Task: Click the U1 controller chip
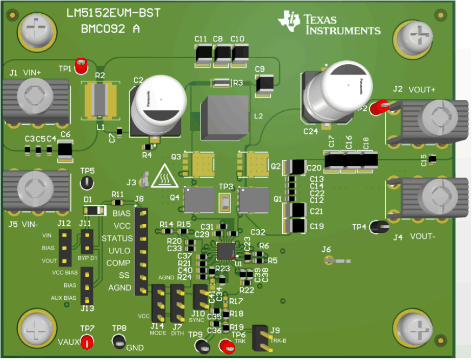click(225, 251)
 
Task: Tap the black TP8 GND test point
click(119, 342)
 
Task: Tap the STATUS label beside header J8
click(117, 238)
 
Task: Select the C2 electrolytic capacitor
click(156, 105)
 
